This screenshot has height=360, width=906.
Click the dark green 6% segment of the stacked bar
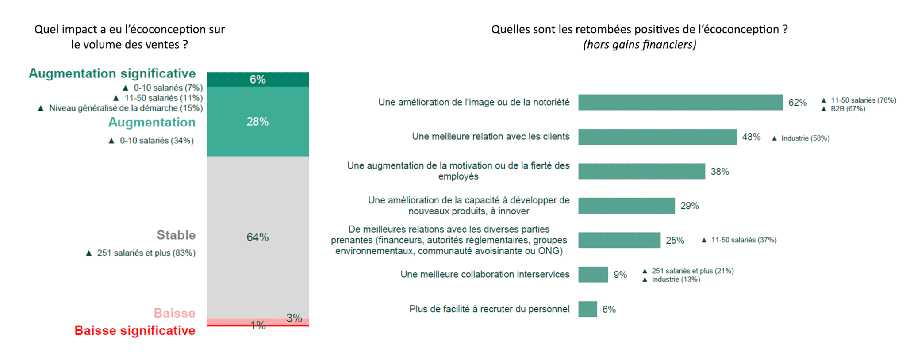[257, 79]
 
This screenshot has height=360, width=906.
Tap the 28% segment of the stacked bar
[257, 121]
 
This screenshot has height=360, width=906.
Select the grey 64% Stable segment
[257, 237]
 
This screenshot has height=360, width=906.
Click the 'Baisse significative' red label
[134, 330]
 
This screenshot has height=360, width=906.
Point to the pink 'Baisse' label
[174, 313]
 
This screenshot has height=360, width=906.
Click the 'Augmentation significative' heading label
[112, 73]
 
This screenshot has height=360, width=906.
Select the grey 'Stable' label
[176, 235]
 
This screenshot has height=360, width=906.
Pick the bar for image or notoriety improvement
[680, 102]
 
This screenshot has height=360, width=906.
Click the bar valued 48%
[657, 137]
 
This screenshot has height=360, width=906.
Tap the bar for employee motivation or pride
[641, 171]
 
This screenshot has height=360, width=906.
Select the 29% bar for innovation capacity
[626, 206]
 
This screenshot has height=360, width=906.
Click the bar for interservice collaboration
[593, 275]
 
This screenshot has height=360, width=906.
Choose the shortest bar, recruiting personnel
[587, 309]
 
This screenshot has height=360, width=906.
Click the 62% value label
[797, 103]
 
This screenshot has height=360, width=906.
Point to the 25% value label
[675, 241]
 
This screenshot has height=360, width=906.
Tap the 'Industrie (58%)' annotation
[805, 138]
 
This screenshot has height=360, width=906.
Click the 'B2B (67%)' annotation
[847, 109]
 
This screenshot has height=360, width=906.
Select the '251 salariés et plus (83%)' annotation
[146, 253]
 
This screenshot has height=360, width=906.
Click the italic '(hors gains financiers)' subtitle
[639, 45]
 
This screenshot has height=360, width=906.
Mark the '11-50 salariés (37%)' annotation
[743, 240]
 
